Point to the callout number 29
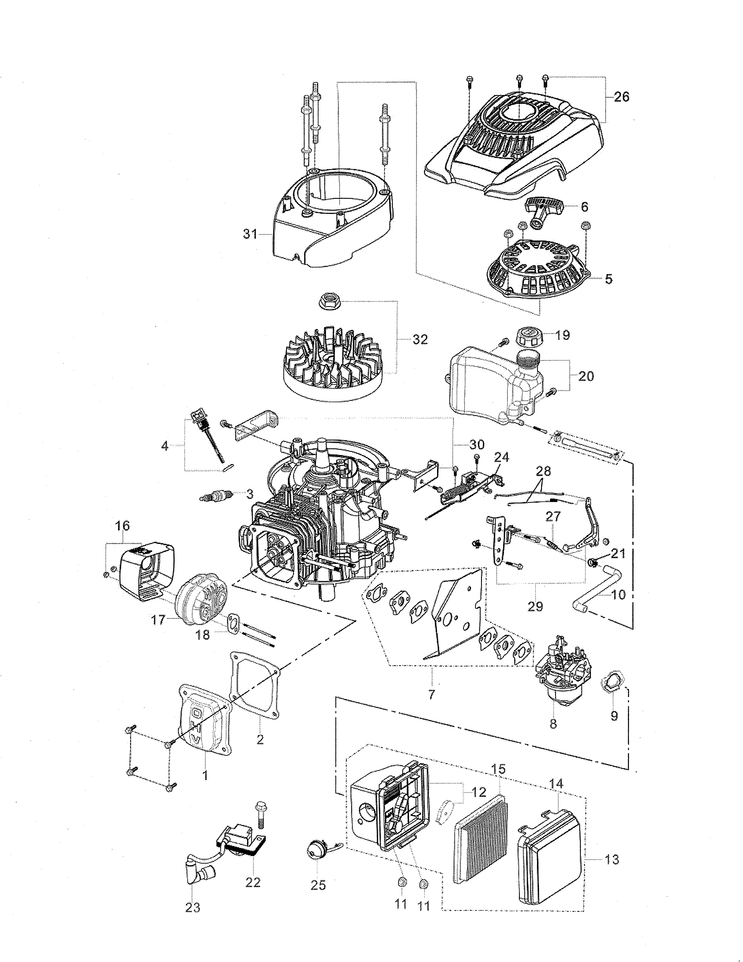[536, 607]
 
